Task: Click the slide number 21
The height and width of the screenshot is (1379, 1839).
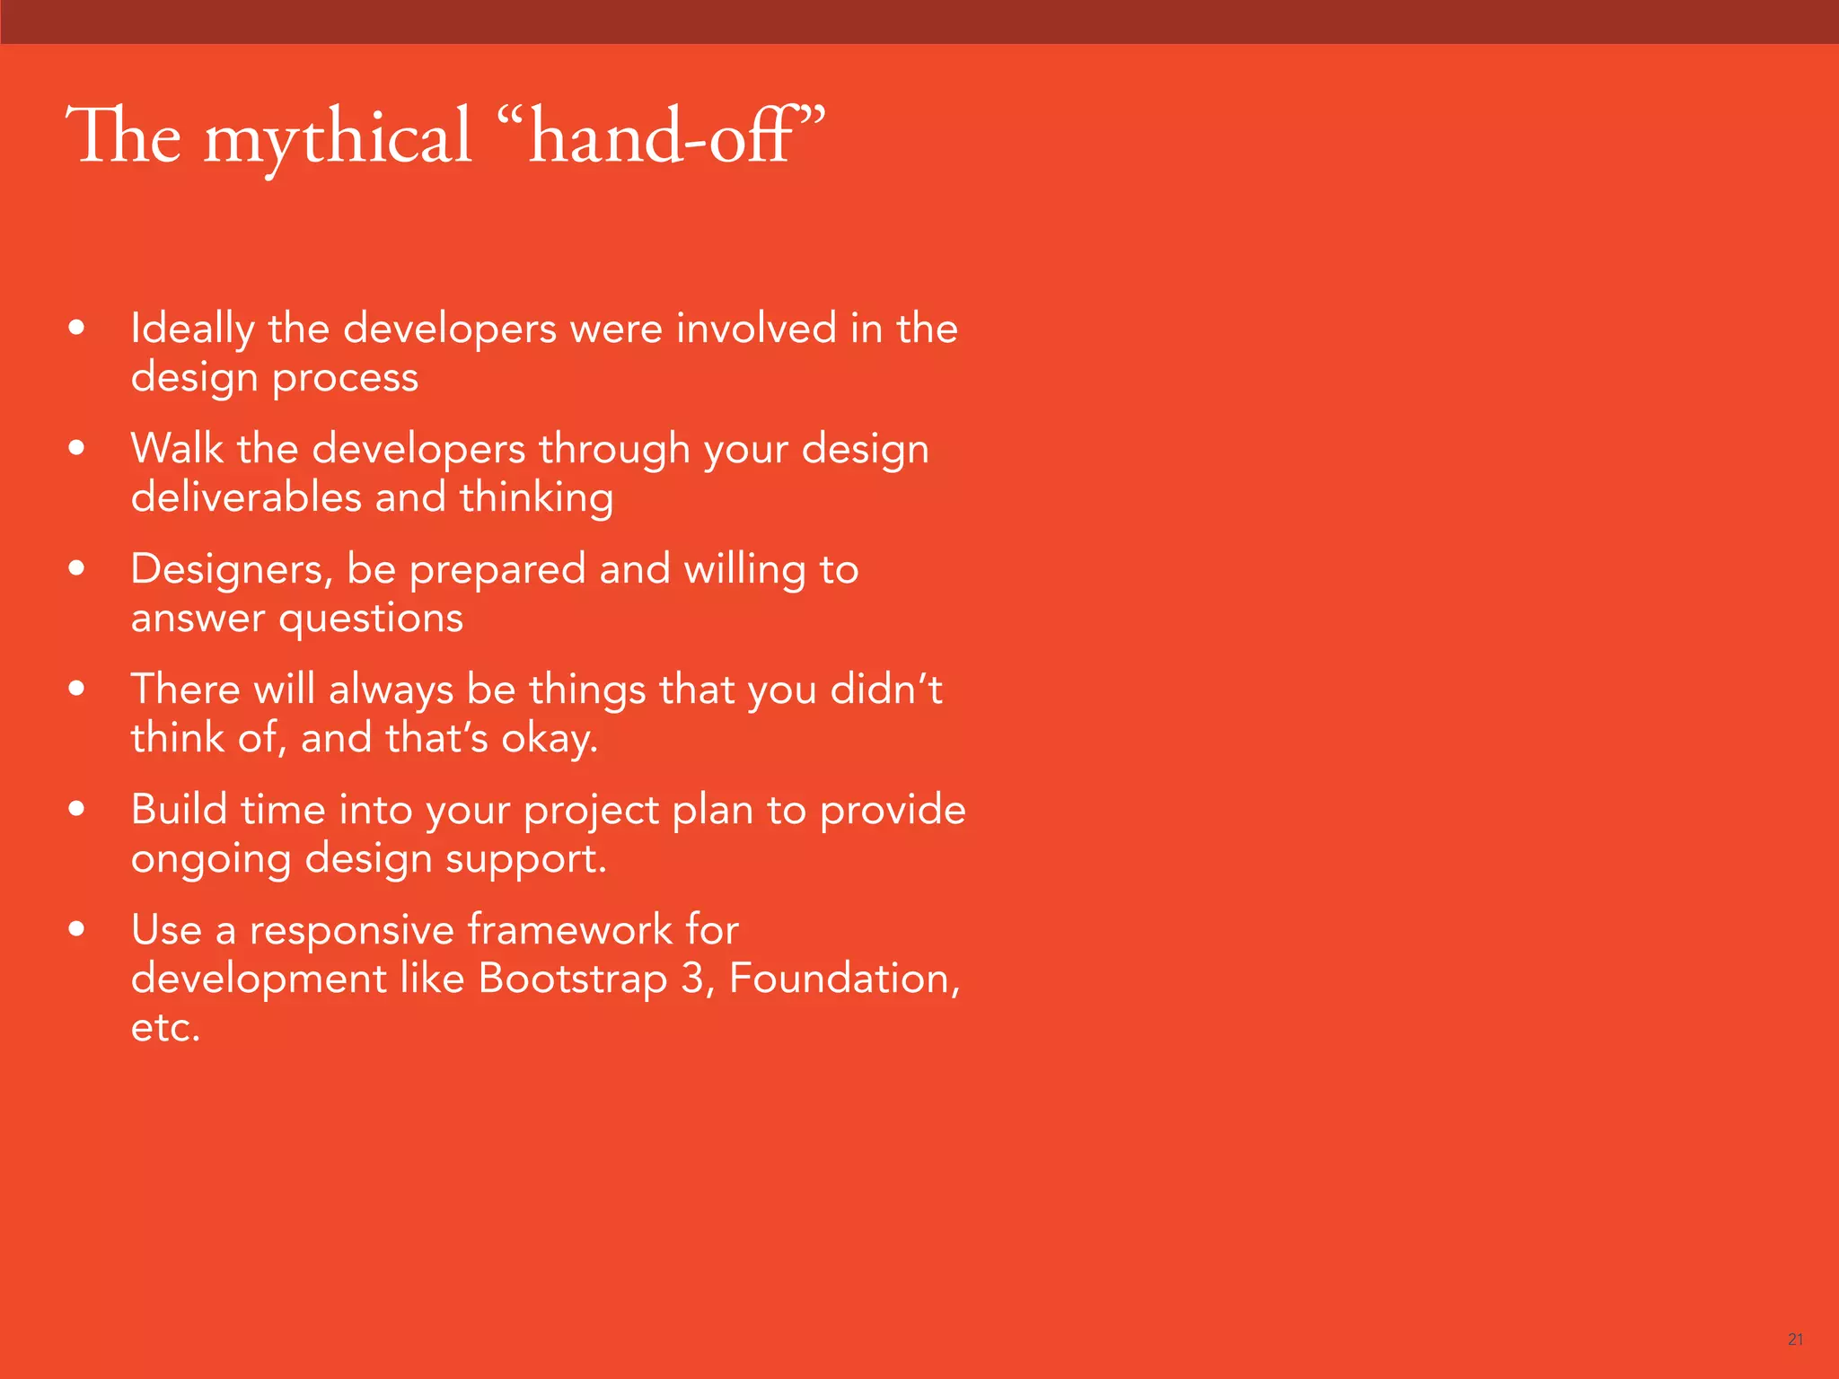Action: (1795, 1339)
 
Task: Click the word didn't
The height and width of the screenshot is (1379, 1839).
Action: (885, 689)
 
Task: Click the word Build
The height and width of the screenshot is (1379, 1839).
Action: (179, 810)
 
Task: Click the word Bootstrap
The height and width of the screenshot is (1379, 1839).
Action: (573, 979)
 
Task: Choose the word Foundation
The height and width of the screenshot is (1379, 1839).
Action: (843, 979)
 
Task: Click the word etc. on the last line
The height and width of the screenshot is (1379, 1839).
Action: (165, 1028)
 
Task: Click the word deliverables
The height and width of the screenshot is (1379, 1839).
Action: (246, 497)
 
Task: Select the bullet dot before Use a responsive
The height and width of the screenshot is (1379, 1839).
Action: (77, 930)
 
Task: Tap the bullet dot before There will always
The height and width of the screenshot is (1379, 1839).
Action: (77, 689)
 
